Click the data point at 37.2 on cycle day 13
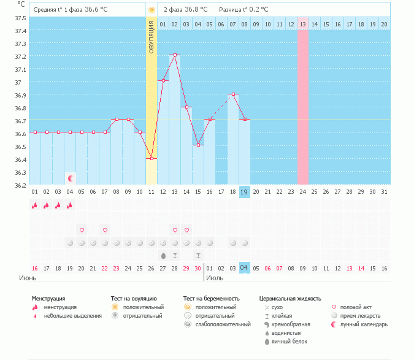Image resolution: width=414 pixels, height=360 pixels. point(175,55)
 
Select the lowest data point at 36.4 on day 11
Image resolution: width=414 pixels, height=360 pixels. point(151,158)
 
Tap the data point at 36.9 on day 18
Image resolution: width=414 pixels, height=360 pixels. point(233,94)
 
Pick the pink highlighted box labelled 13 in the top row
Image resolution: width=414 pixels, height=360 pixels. point(303,24)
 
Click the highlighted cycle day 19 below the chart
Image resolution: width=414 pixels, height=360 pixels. point(244,192)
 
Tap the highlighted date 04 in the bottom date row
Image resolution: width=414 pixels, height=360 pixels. point(244,267)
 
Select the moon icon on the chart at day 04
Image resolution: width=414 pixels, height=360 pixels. point(71,178)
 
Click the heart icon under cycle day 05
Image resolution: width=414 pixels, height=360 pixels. point(82,230)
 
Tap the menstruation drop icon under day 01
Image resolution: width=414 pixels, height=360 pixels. point(34,205)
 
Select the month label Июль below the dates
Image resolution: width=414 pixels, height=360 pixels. point(215,278)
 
